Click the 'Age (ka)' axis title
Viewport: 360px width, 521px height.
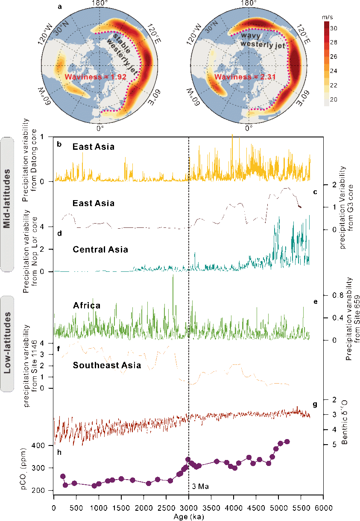point(189,516)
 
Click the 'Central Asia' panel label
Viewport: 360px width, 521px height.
point(100,250)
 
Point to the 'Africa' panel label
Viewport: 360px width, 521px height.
point(87,306)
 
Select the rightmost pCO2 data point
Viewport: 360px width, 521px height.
point(287,442)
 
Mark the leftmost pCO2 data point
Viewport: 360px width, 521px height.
point(63,476)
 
